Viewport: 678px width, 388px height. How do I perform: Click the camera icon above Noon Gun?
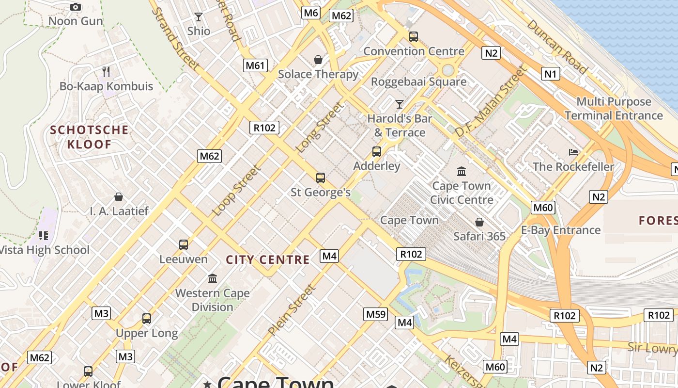pos(76,7)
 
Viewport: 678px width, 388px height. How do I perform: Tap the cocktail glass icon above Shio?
pos(198,17)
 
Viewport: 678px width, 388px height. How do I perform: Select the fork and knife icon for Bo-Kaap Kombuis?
pos(106,72)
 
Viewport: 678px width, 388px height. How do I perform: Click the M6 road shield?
pos(310,13)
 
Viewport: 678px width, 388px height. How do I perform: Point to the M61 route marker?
pos(255,65)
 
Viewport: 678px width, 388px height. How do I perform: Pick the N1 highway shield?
pos(550,74)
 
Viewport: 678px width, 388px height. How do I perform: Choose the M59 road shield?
pos(375,314)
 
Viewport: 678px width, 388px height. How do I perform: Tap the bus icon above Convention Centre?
pos(413,37)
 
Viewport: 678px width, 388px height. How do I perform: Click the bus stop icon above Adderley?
pos(376,152)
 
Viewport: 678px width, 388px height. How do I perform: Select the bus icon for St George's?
pos(320,178)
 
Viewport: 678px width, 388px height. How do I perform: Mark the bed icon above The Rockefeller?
pos(573,152)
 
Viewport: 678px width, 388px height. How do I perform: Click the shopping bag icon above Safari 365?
pos(479,222)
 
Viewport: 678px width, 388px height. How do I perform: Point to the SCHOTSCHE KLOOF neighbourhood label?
pos(90,137)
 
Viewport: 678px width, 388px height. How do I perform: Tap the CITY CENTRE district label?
pos(268,259)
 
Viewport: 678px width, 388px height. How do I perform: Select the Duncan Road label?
pos(556,47)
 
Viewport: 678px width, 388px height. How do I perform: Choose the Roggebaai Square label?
pos(418,81)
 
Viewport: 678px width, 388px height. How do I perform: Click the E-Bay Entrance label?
pos(561,230)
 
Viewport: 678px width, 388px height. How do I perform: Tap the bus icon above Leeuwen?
pos(183,245)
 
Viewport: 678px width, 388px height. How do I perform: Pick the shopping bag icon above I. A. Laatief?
pos(119,197)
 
